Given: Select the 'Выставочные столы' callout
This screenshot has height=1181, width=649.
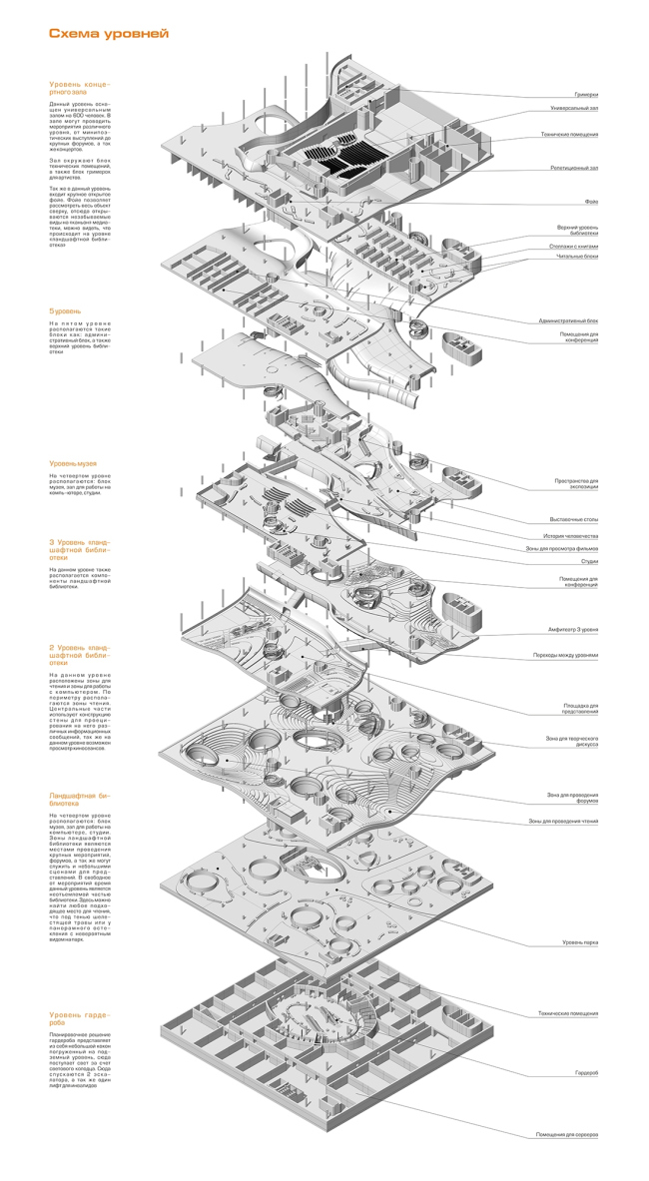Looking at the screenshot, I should [574, 519].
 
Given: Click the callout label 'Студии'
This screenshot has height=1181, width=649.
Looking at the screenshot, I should [588, 561].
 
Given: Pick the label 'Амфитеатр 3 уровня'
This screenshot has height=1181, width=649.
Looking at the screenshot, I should [572, 631].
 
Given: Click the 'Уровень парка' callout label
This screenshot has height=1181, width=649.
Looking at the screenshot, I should [579, 941].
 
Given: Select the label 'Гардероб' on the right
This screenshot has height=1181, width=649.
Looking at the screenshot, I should [586, 1072].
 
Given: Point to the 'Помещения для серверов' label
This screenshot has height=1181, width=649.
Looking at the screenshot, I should [566, 1135].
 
